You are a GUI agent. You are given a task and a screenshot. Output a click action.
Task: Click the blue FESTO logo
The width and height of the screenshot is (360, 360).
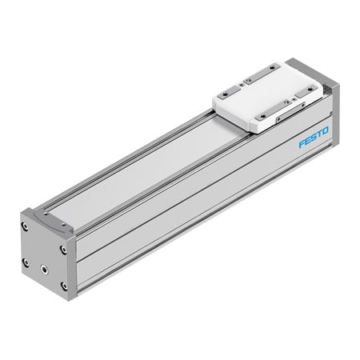(314, 142)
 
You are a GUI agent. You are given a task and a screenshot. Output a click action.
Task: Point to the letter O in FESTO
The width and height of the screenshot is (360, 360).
(326, 137)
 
